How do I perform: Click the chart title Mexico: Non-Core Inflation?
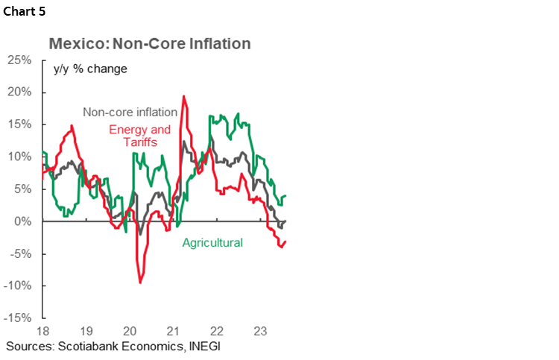(x=149, y=44)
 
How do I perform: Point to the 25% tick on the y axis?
(x=21, y=60)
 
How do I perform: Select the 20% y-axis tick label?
(x=21, y=92)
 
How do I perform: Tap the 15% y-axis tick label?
(x=21, y=124)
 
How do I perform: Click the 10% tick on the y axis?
(x=21, y=157)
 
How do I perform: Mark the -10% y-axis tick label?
(x=19, y=286)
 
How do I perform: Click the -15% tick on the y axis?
(x=19, y=318)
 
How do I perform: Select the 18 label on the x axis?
(x=42, y=330)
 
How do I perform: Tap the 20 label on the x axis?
(x=130, y=330)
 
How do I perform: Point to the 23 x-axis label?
(x=260, y=330)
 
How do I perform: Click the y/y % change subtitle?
(x=90, y=69)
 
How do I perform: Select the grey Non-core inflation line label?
(x=130, y=113)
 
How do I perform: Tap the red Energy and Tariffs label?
(x=139, y=136)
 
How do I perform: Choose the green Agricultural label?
(x=212, y=243)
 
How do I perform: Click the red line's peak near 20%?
(x=183, y=96)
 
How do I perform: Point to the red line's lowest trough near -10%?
(x=140, y=282)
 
